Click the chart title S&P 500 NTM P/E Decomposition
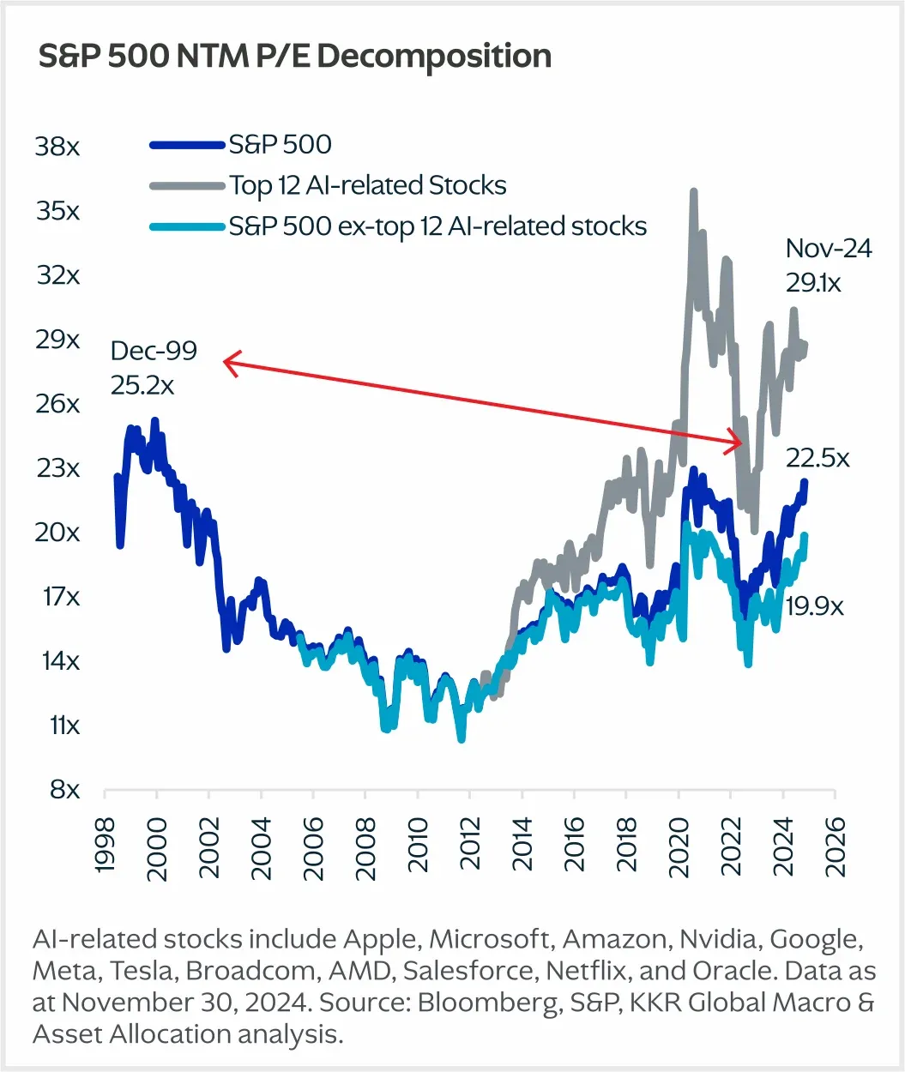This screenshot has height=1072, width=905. (295, 57)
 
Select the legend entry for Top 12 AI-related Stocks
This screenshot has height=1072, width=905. (367, 185)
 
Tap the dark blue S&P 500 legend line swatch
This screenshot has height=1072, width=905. (187, 145)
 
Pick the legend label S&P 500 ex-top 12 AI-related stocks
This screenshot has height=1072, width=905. (437, 226)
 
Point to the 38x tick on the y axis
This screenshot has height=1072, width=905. (57, 147)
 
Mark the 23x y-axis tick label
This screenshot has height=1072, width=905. (57, 468)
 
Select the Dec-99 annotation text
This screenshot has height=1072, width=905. (154, 351)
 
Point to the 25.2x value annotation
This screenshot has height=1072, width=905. (142, 386)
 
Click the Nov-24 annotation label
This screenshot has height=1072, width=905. (829, 249)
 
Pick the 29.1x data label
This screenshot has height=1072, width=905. (814, 282)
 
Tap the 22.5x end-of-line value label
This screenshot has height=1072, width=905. (818, 459)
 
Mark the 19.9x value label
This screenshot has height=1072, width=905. (815, 607)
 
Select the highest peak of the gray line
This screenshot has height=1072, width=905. (692, 192)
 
